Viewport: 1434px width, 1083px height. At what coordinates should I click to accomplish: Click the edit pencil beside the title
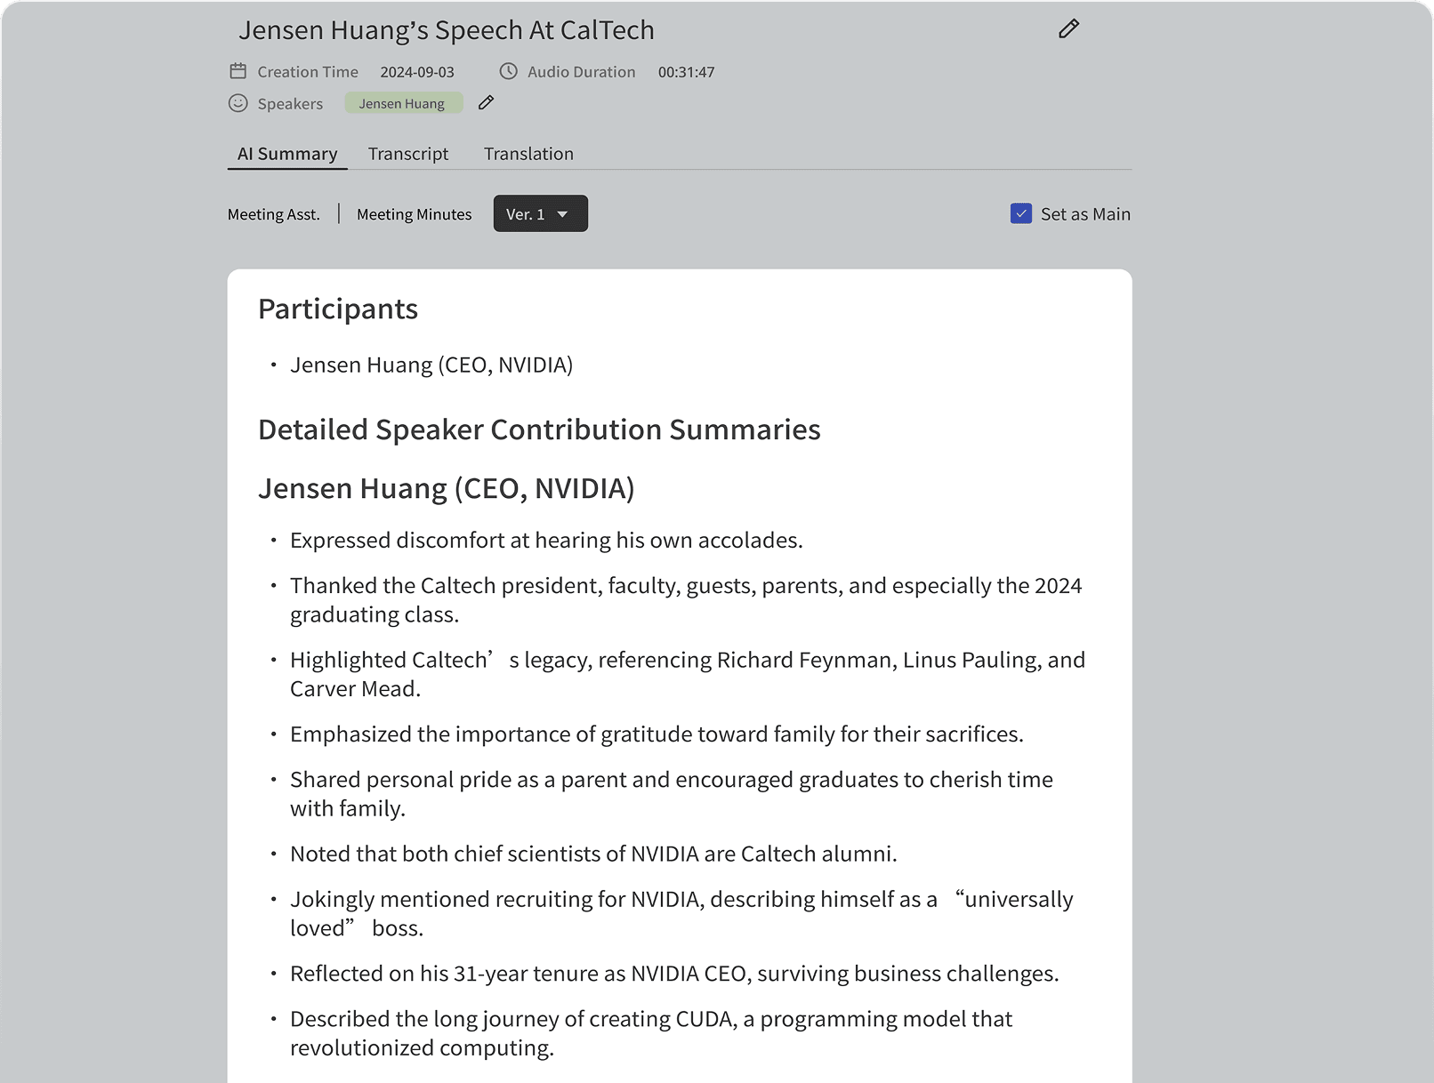1068,29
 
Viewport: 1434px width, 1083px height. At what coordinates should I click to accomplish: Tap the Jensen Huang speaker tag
402,103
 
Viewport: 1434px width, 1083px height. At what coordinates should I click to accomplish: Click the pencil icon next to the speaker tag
486,102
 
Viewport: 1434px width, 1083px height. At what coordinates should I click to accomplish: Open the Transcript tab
408,154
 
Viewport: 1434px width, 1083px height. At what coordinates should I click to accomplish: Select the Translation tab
528,154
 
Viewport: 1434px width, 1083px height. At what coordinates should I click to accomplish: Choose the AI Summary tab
286,154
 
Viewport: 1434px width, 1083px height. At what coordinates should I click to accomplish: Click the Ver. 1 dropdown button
540,213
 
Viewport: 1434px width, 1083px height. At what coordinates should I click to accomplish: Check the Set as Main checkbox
1020,213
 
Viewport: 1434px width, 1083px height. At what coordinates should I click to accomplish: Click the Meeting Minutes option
414,214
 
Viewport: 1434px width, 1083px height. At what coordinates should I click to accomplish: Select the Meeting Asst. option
273,214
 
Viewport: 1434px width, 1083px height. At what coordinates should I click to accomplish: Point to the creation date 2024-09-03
416,72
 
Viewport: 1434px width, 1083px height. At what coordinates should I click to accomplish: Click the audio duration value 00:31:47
686,72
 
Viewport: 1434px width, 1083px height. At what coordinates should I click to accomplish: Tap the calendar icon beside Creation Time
238,71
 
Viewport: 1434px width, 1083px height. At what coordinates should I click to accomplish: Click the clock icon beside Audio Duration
508,71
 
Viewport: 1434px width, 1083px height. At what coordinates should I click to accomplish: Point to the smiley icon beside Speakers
238,103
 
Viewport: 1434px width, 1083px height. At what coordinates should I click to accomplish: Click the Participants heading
337,309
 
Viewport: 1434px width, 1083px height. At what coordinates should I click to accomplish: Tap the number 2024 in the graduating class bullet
1058,586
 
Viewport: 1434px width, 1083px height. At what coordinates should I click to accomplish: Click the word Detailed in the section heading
312,429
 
